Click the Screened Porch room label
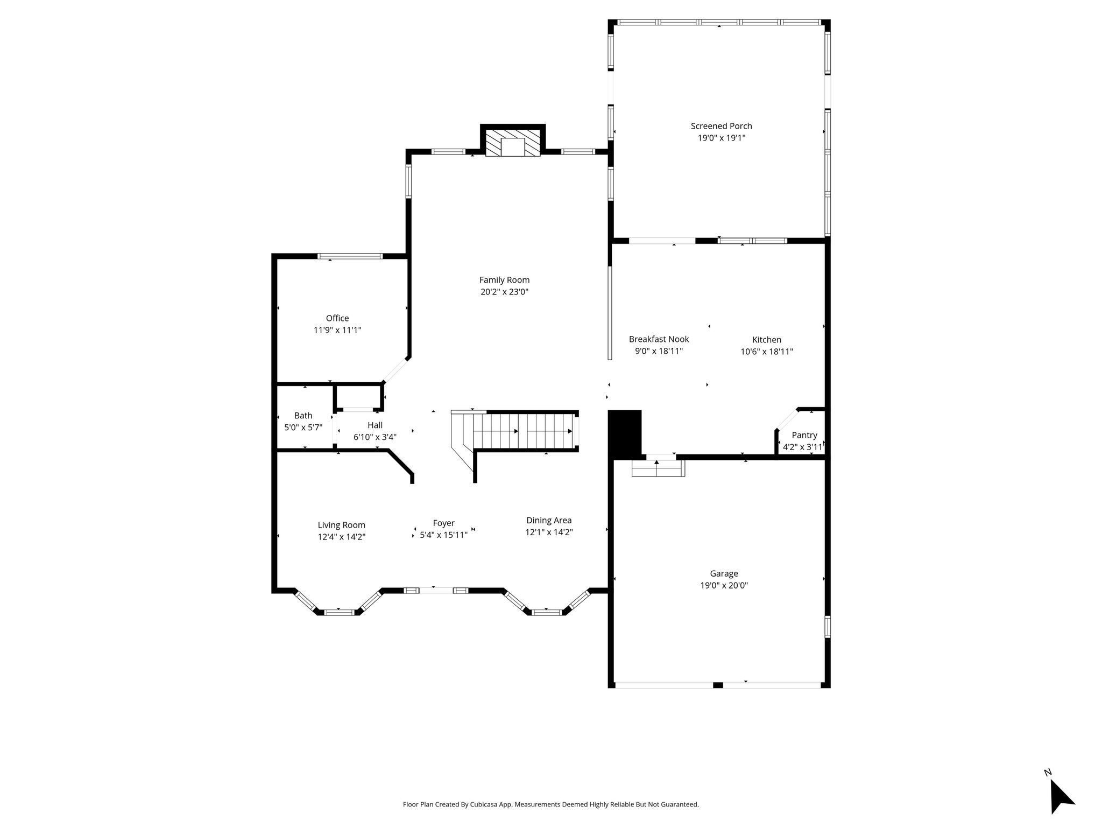[x=721, y=126]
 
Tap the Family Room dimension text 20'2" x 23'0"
[x=504, y=292]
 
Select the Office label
[x=337, y=318]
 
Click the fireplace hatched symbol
[x=513, y=143]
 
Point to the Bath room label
[x=303, y=416]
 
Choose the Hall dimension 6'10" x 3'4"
[x=375, y=437]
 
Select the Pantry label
[x=804, y=435]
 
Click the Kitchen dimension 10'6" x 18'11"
[x=767, y=352]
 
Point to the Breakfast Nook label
[x=659, y=339]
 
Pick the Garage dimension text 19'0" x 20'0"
[x=724, y=585]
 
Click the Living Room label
[x=341, y=525]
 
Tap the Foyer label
[x=443, y=523]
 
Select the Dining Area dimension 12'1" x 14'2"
[x=549, y=532]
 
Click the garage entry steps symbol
[x=658, y=467]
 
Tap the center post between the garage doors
[x=718, y=685]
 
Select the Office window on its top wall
[x=350, y=256]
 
